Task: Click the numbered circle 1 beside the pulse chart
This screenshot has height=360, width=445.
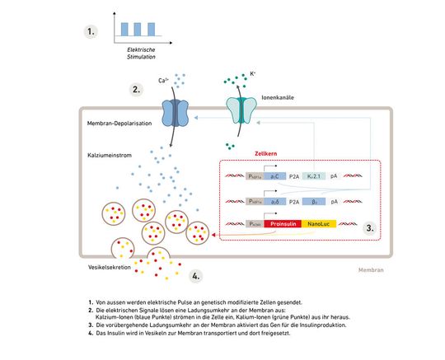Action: pyautogui.click(x=94, y=33)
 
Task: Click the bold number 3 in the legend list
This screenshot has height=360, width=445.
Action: pyautogui.click(x=91, y=325)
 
